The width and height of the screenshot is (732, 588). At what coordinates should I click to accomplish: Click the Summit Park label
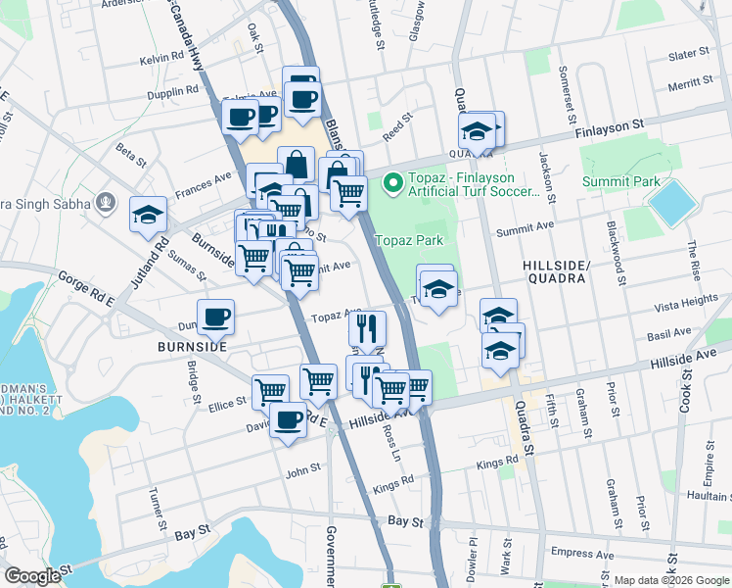pos(620,181)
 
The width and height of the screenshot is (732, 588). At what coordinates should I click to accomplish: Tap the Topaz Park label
pos(410,240)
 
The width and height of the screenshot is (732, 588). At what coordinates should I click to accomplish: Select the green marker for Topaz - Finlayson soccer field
pos(392,183)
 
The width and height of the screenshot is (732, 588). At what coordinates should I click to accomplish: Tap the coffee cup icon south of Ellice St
pos(288,421)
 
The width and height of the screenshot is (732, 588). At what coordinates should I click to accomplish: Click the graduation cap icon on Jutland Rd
pos(148,215)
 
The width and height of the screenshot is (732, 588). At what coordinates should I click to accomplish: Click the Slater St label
pos(688,55)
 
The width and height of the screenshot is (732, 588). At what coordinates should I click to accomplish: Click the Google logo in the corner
pos(31,576)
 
